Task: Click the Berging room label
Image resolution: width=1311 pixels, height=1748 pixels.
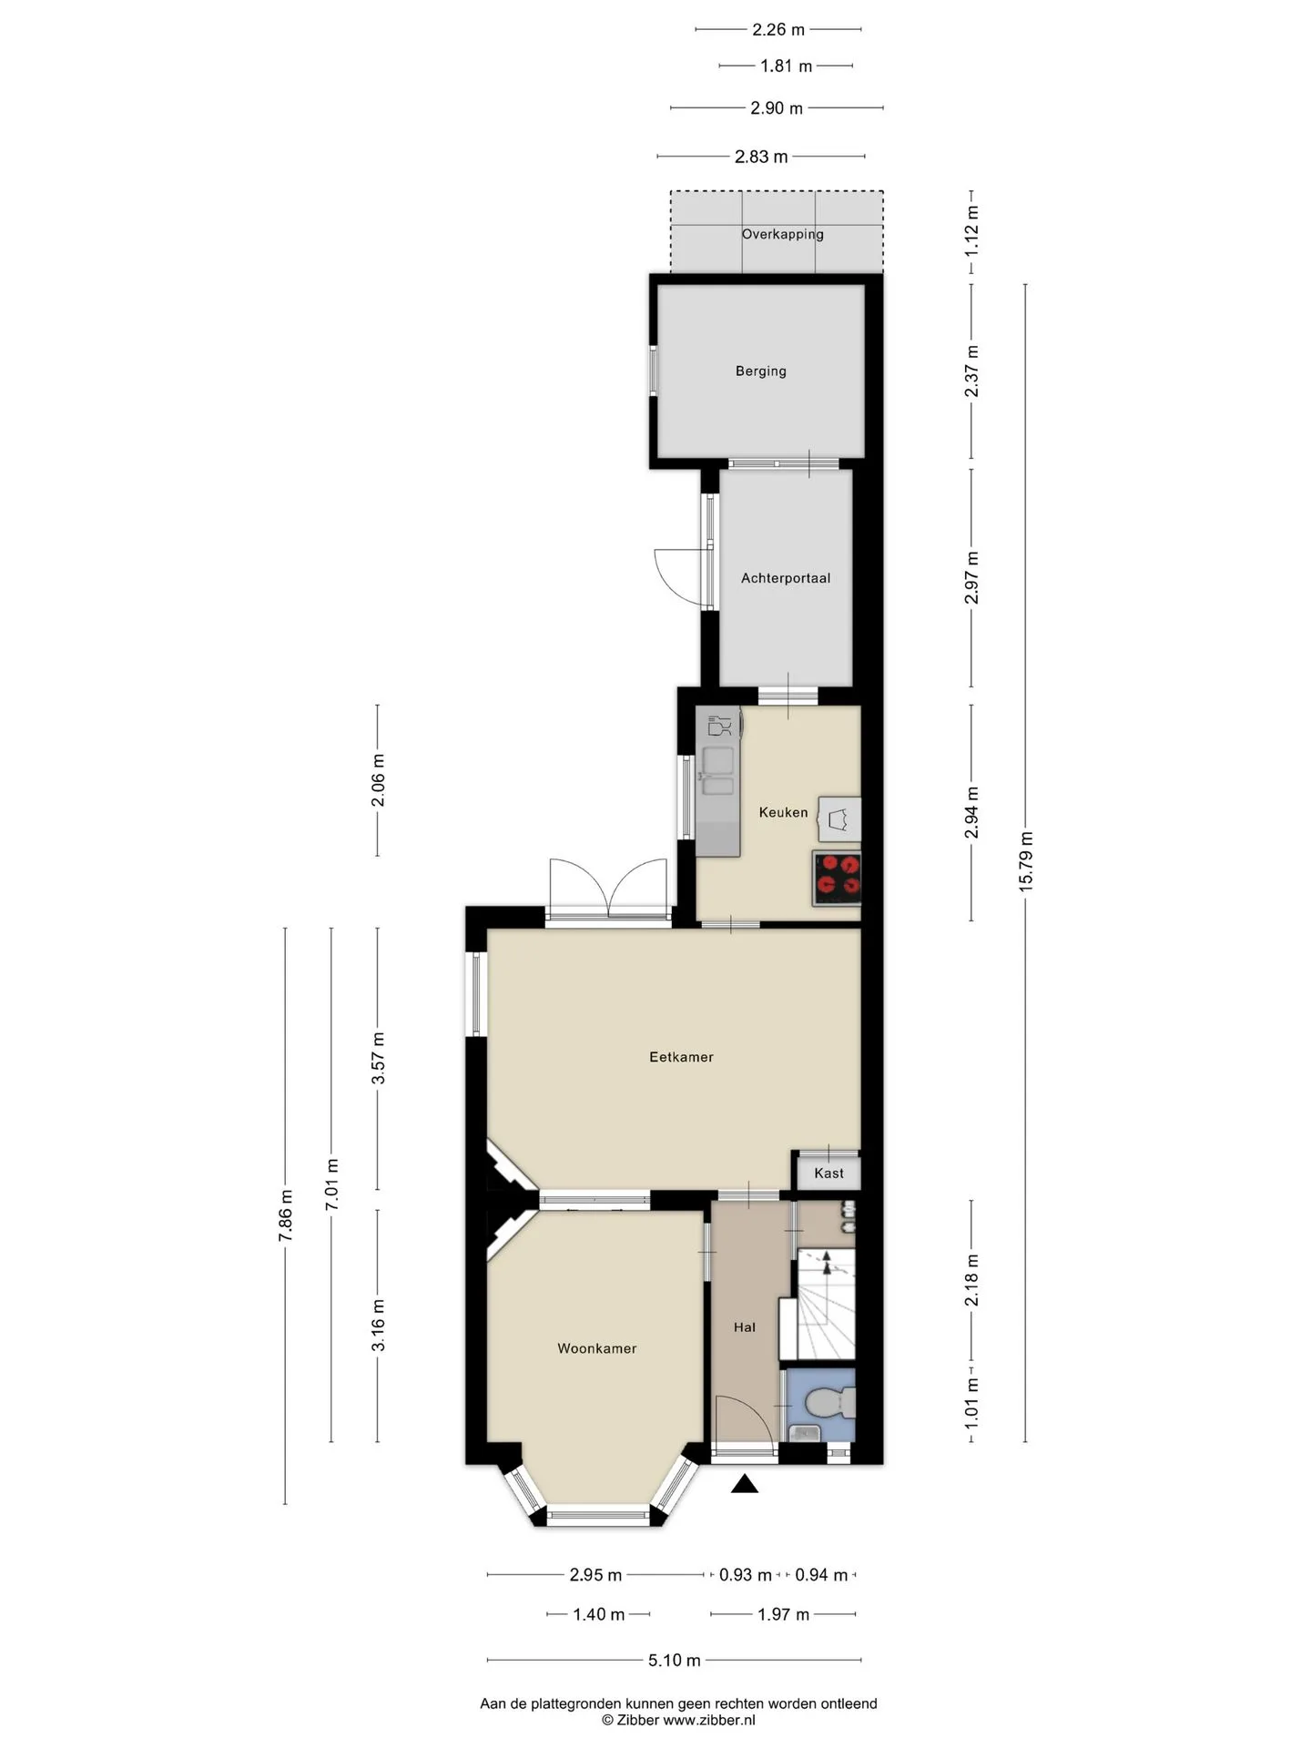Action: pos(760,371)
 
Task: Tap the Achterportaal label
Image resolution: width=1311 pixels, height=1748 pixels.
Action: pos(786,578)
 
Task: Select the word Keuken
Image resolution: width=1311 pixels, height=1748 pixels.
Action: pos(783,812)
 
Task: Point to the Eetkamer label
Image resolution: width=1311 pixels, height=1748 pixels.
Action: pos(681,1057)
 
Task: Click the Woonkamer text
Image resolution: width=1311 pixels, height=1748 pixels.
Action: pos(597,1348)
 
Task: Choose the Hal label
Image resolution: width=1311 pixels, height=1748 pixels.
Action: pos(745,1327)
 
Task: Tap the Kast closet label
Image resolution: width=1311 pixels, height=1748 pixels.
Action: pos(828,1174)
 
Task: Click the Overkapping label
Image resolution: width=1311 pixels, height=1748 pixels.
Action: pos(782,234)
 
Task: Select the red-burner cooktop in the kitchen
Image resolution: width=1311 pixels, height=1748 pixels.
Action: pos(837,879)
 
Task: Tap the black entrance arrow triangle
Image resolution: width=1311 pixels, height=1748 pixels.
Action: pos(746,1484)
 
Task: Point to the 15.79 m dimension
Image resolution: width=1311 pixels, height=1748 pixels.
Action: pos(1026,860)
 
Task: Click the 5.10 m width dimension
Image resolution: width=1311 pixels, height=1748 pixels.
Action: pos(675,1661)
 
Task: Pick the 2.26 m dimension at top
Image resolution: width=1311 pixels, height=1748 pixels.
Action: pos(778,29)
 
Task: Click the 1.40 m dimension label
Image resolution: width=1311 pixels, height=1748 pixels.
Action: pos(598,1614)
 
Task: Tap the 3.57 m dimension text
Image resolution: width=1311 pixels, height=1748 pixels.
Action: pos(379,1058)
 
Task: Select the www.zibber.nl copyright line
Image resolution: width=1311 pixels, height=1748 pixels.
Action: pos(678,1720)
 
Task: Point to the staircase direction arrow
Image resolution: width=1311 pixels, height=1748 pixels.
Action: pos(827,1263)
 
